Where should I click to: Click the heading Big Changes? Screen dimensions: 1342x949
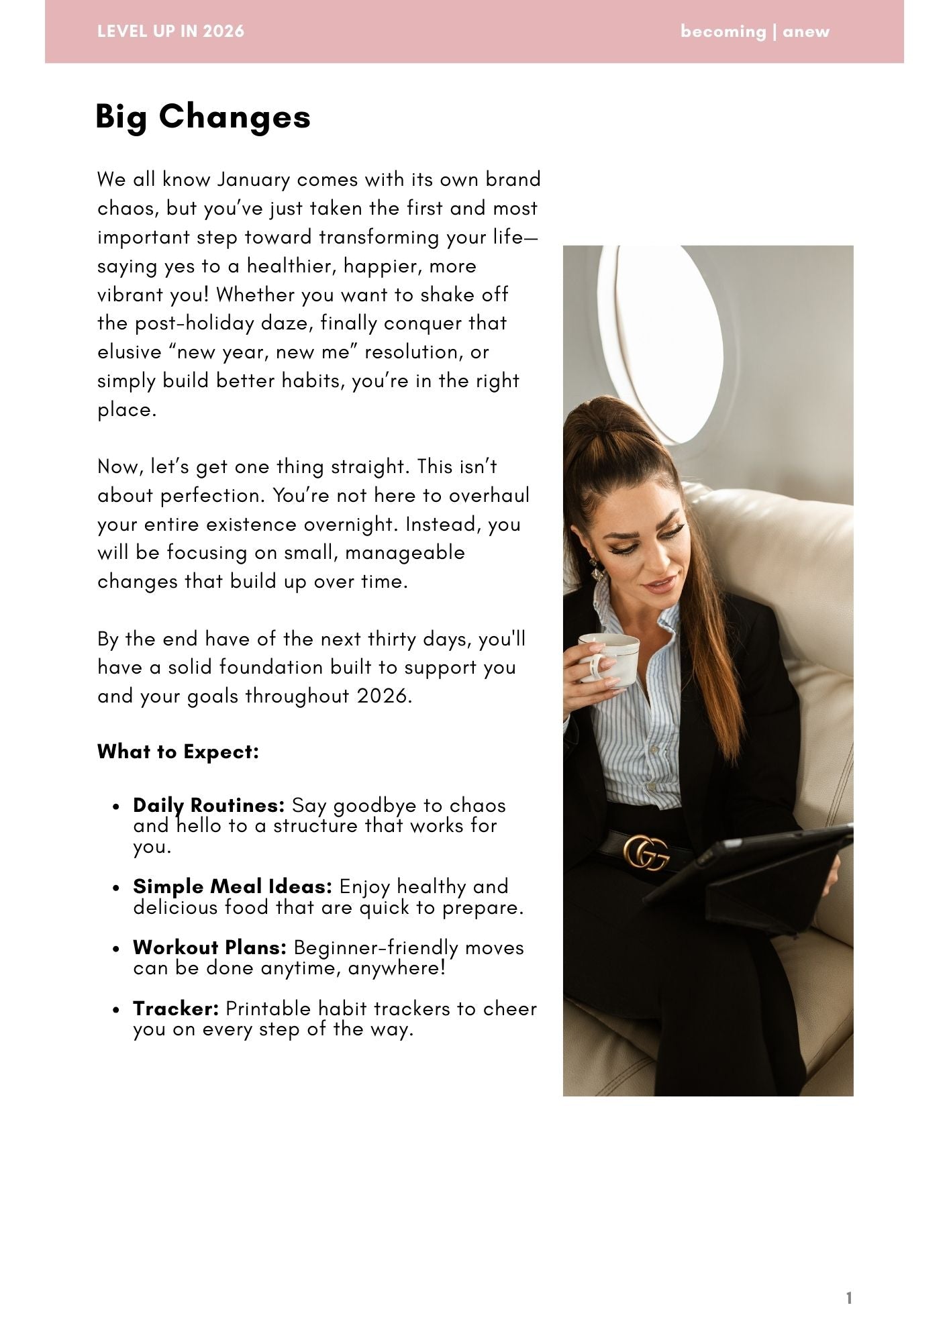[203, 117]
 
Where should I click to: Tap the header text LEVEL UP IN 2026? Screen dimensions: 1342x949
[170, 32]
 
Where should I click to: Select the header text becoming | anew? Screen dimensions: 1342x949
[754, 32]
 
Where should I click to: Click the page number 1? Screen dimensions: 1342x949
[849, 1298]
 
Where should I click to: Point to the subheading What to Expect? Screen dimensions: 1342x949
[178, 752]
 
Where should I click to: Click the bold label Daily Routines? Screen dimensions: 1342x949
[209, 805]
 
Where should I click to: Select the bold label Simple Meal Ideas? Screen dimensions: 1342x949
[232, 886]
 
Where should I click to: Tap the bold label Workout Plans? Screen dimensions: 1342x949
[209, 947]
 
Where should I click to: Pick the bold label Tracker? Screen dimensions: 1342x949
[176, 1009]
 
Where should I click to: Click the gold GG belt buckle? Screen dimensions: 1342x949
[646, 852]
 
